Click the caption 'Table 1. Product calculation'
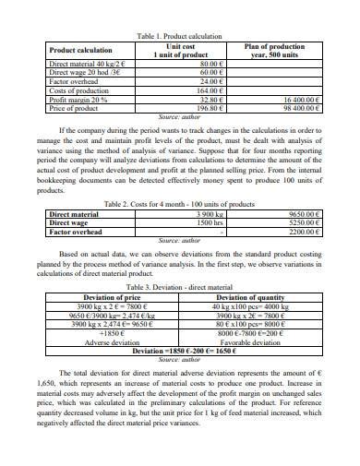pyautogui.click(x=179, y=36)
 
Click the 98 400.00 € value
pyautogui.click(x=296, y=108)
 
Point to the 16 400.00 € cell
pyautogui.click(x=296, y=99)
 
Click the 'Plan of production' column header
pyautogui.click(x=274, y=46)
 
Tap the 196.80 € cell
pyautogui.click(x=211, y=108)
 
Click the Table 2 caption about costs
pyautogui.click(x=179, y=203)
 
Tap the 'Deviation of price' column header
pyautogui.click(x=112, y=297)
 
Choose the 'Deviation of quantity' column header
pyautogui.click(x=250, y=297)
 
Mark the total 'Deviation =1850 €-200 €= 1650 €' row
pyautogui.click(x=179, y=351)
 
